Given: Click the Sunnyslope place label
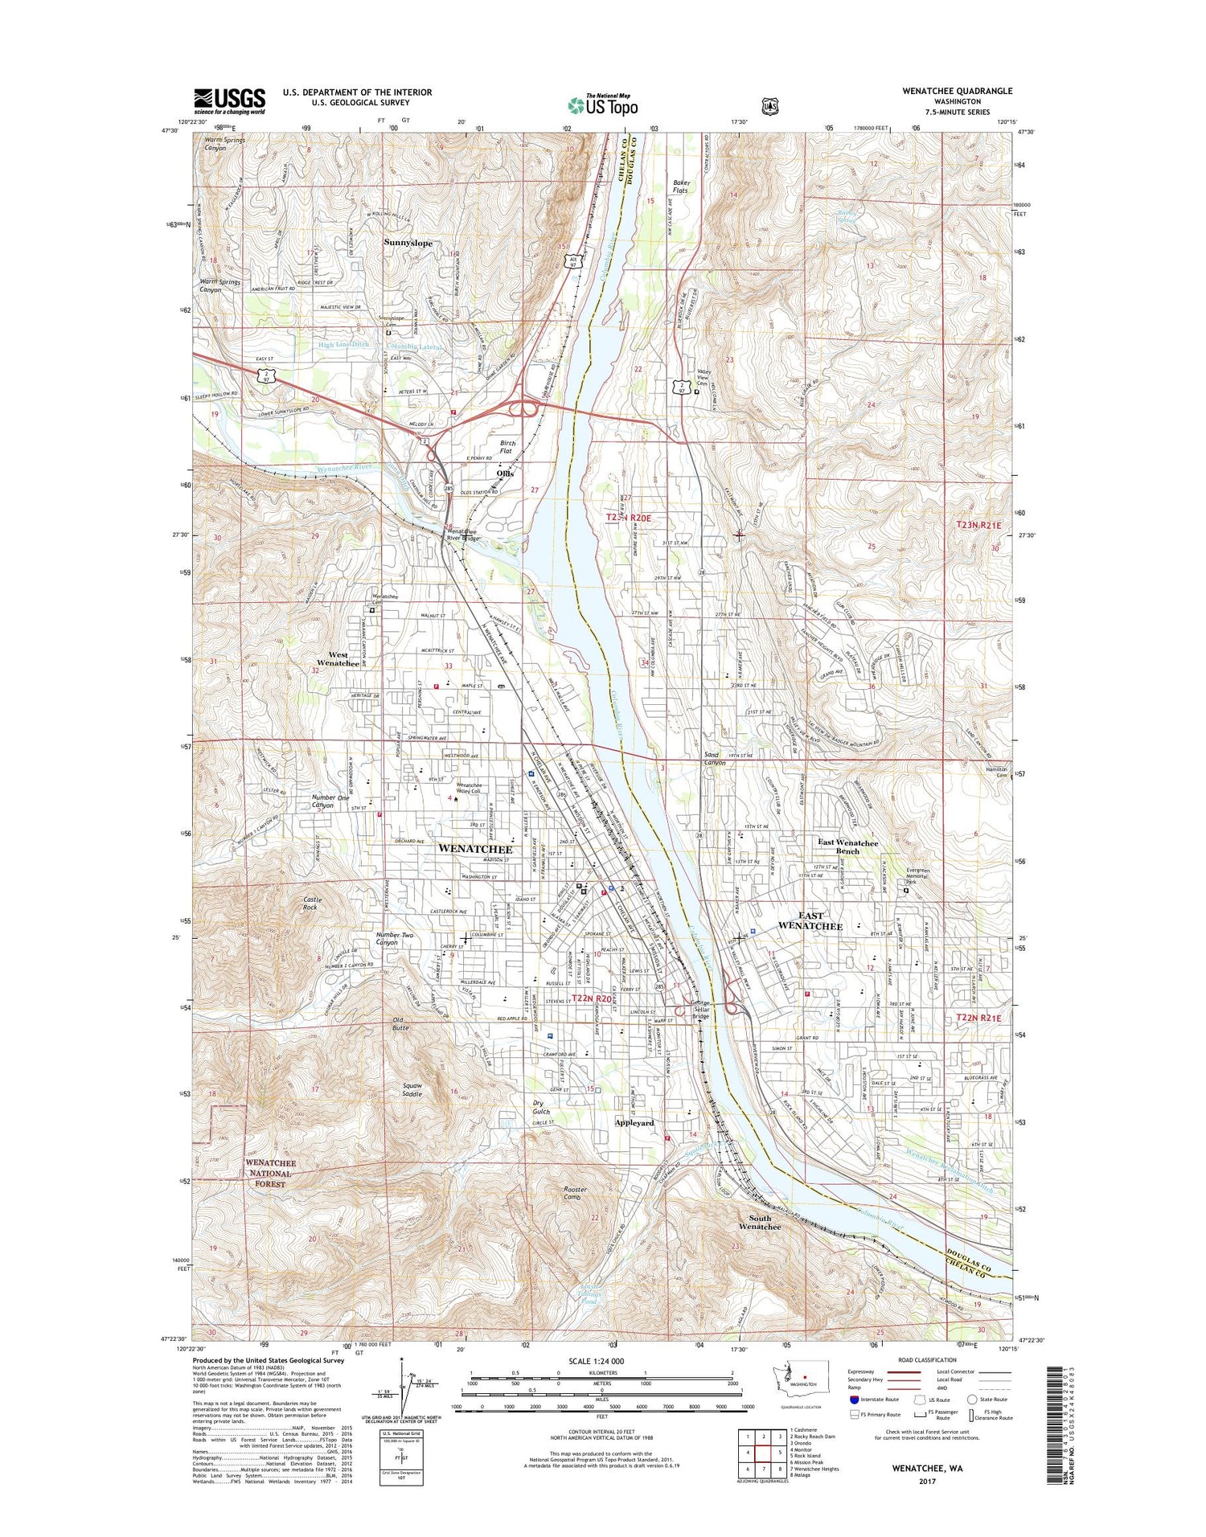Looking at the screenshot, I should click(408, 243).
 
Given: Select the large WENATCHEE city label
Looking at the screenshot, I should click(474, 849).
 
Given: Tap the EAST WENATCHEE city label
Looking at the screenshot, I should click(810, 921).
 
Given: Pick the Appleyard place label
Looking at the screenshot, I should click(634, 1122).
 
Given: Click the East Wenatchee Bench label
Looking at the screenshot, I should click(848, 846).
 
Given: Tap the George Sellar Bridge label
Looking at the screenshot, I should click(701, 1010).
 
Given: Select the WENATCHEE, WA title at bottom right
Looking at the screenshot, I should click(927, 1467).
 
